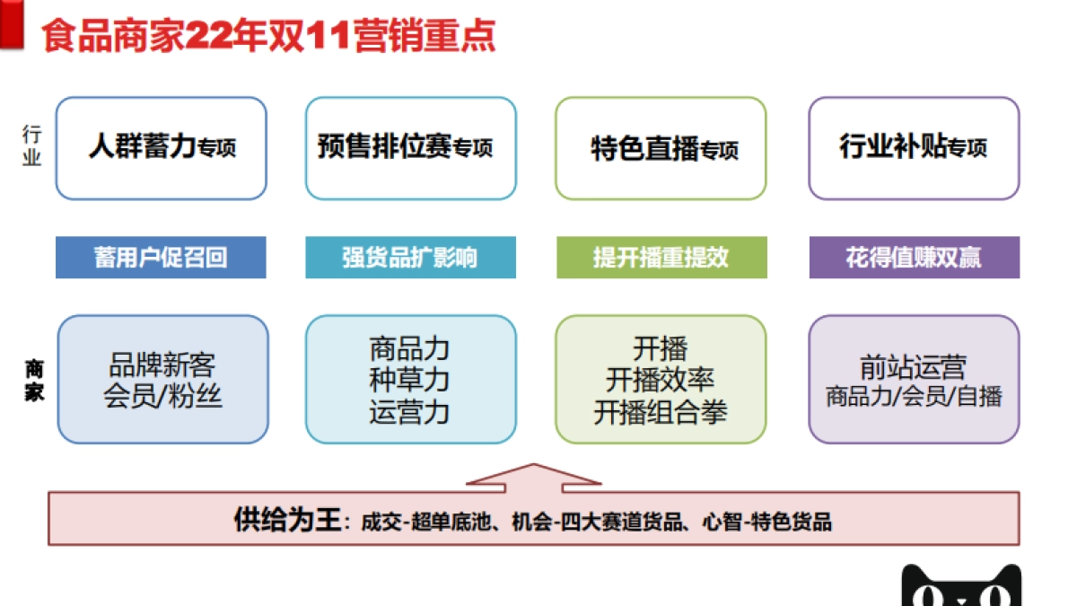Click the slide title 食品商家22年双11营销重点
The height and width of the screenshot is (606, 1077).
click(x=269, y=38)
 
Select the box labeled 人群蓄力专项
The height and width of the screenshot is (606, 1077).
click(x=162, y=147)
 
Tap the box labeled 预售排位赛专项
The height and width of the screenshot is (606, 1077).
click(x=410, y=147)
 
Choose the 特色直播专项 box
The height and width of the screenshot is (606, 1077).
click(x=661, y=148)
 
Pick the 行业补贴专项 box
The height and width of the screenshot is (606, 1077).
click(x=914, y=147)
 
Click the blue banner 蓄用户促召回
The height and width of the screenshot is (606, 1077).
click(x=161, y=258)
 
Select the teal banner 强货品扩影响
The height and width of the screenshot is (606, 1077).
click(x=410, y=258)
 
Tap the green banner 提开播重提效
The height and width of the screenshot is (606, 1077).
click(x=661, y=258)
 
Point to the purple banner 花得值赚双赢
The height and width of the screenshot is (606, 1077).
click(x=914, y=258)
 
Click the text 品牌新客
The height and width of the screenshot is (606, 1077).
click(x=162, y=365)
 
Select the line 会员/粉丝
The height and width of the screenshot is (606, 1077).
click(x=162, y=396)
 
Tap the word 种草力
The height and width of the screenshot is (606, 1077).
click(x=409, y=380)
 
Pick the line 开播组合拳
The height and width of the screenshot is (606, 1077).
click(x=661, y=412)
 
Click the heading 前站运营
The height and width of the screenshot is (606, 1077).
click(x=914, y=367)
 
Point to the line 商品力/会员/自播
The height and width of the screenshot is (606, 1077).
click(x=914, y=396)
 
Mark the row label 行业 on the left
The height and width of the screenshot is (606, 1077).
click(x=32, y=145)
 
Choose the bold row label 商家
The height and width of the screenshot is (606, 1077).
click(x=33, y=380)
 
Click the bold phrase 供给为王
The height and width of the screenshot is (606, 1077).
click(x=287, y=520)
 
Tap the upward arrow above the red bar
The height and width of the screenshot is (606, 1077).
click(x=535, y=477)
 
